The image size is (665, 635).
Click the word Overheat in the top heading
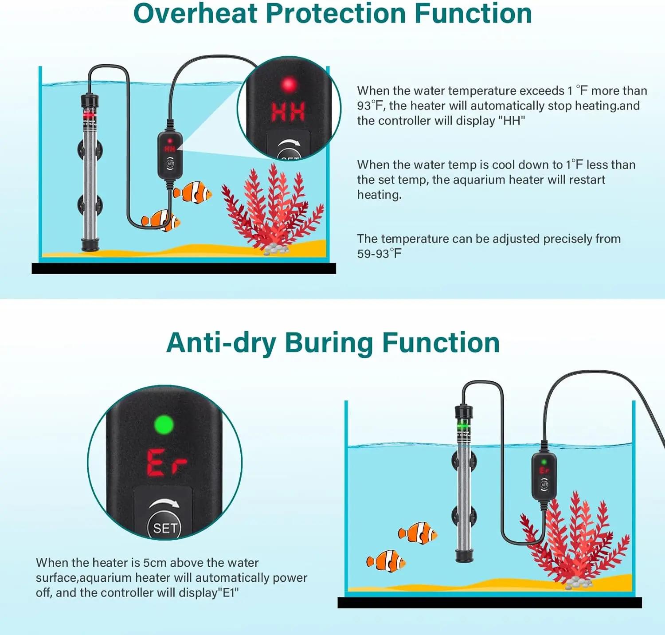pos(196,13)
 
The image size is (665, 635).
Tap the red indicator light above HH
pos(289,84)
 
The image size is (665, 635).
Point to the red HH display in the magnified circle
pos(288,111)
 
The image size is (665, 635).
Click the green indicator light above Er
pos(164,425)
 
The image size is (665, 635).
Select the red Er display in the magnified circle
pos(166,463)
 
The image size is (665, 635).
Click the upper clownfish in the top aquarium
pos(193,192)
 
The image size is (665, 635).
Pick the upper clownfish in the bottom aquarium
pos(418,533)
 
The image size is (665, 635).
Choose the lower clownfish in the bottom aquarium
pos(386,561)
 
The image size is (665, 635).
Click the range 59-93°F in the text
pos(379,254)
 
